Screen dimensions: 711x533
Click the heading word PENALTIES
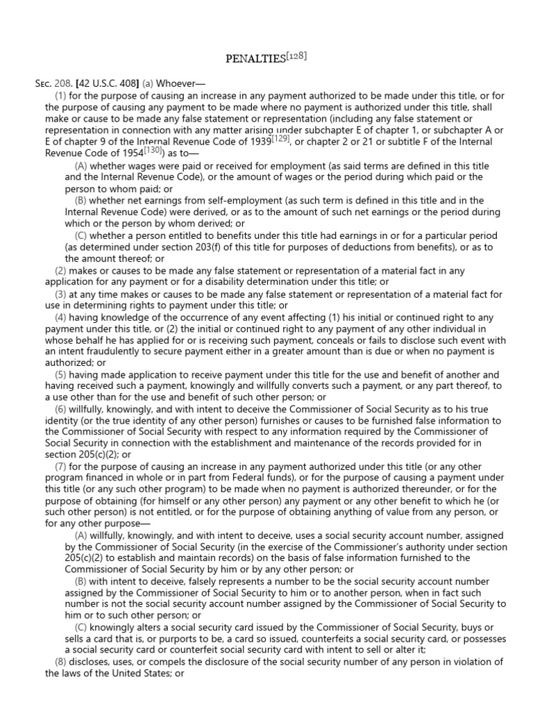(x=255, y=59)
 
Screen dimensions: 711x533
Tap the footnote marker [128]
(x=296, y=56)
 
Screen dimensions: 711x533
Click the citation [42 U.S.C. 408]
(x=105, y=83)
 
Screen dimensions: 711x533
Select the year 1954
(x=130, y=153)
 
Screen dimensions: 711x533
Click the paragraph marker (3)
(x=61, y=294)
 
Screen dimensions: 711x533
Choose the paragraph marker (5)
(x=61, y=374)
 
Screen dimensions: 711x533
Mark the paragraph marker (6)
(x=61, y=409)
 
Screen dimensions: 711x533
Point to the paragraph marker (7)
(x=61, y=467)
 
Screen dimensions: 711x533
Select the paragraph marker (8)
(x=61, y=661)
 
